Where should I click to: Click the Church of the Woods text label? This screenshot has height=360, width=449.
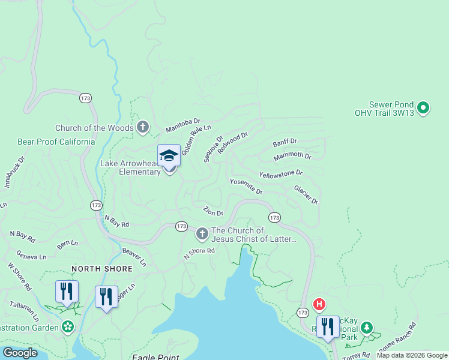[93, 128]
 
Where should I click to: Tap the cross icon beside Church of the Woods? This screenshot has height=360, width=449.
[142, 127]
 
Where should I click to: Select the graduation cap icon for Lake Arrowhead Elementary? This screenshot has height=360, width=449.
[169, 155]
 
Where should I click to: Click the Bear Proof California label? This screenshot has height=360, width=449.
[56, 142]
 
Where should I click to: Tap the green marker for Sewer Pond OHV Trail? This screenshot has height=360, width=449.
[423, 108]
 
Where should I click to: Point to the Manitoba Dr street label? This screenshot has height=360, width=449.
[182, 125]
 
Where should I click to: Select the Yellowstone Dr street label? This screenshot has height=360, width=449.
[280, 173]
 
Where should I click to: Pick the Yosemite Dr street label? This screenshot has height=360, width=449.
[246, 186]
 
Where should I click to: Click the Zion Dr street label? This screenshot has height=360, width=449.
[213, 211]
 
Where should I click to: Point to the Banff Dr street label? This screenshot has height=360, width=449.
[285, 143]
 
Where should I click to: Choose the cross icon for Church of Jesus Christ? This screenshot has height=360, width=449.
[202, 232]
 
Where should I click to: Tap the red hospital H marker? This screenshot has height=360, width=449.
[320, 304]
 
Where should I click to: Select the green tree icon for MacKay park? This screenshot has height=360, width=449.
[366, 328]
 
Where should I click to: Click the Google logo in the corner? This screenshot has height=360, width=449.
[20, 352]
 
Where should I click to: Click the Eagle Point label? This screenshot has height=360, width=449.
[155, 357]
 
